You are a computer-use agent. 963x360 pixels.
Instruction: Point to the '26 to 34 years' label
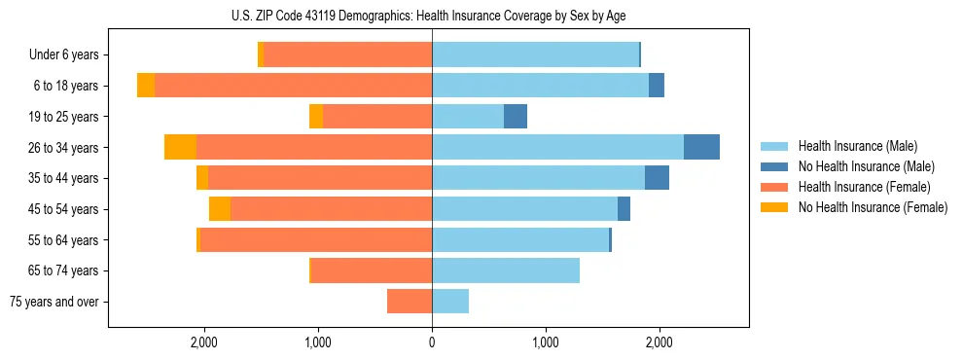coord(65,148)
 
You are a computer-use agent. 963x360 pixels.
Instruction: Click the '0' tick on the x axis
coord(432,342)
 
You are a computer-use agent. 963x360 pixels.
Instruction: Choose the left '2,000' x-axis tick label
coord(203,342)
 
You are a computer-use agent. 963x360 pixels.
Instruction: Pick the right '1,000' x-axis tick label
coord(546,342)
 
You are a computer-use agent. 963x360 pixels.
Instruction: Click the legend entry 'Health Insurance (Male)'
coord(857,146)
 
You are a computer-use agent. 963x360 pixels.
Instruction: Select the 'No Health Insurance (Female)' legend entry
coord(873,207)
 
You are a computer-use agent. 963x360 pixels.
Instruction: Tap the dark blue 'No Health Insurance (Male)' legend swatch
coord(774,166)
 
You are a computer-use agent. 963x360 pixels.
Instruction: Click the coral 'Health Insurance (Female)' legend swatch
coord(774,187)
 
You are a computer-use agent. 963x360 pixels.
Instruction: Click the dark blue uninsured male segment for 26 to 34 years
coord(701,147)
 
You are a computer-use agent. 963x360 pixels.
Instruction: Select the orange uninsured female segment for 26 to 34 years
coord(180,147)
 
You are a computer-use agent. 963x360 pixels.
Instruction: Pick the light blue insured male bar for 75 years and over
coord(450,302)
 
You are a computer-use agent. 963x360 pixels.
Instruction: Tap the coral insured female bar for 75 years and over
coord(410,302)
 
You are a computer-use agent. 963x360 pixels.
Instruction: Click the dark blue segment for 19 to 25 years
coord(516,117)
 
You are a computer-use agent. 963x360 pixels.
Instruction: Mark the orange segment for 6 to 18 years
coord(146,86)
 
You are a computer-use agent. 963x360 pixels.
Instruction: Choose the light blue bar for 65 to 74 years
coord(506,270)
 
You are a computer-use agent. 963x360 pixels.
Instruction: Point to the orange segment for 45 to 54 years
coord(220,209)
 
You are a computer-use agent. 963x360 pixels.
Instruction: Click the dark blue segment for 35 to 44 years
coord(657,178)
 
